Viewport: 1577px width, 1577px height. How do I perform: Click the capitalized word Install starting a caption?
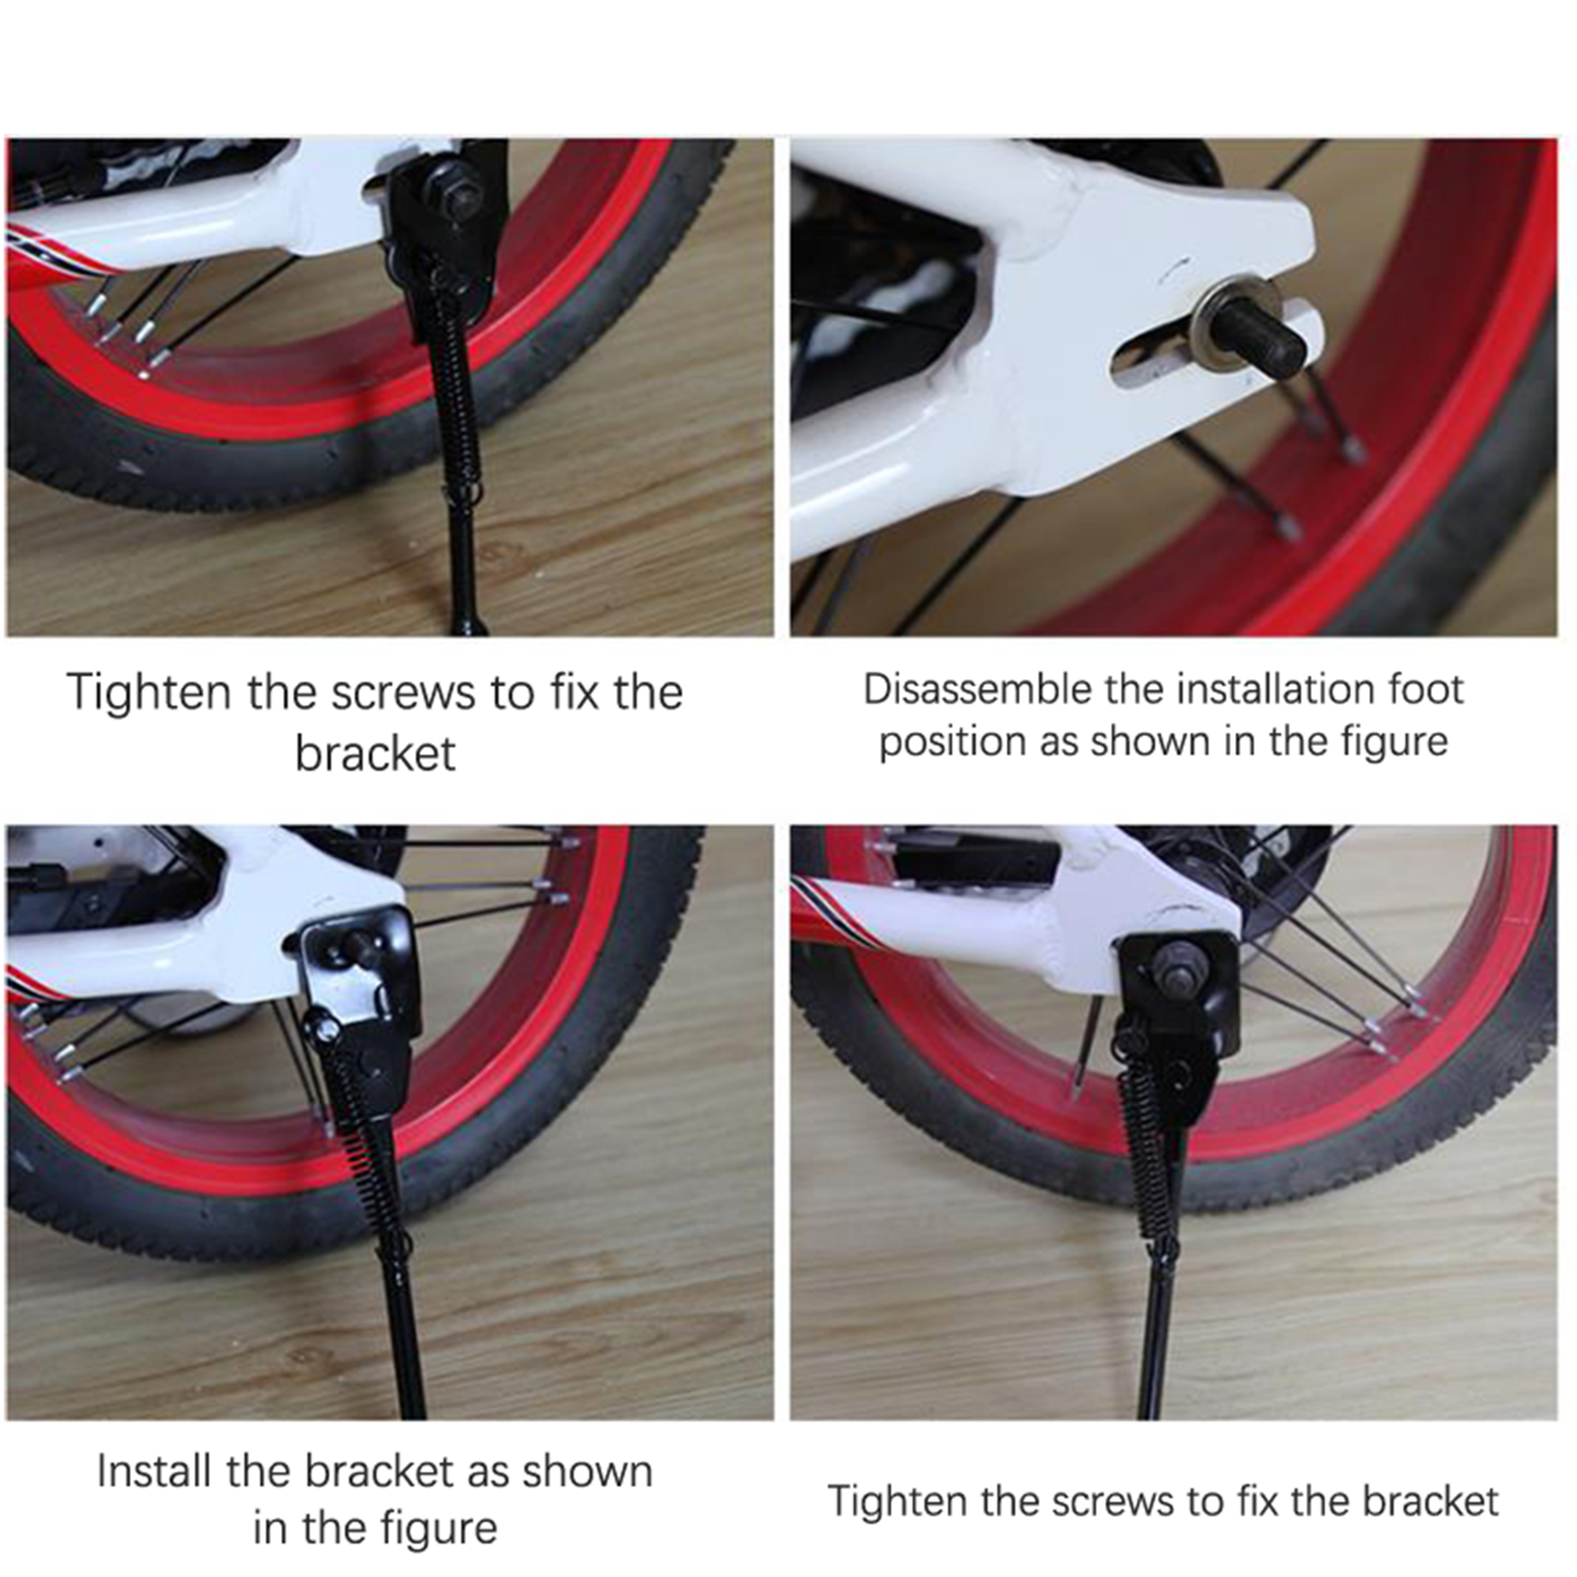(x=156, y=1472)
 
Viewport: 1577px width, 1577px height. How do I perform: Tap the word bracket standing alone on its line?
(x=376, y=754)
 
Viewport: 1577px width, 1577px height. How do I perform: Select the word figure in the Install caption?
(x=441, y=1529)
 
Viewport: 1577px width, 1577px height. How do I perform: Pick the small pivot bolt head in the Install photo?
(x=327, y=1030)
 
